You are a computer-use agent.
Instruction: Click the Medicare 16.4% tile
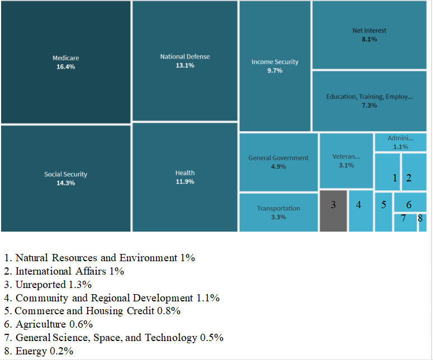coord(65,62)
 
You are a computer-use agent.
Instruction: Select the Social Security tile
coord(65,178)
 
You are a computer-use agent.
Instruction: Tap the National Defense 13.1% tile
coord(185,61)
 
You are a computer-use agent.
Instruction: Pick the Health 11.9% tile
coord(185,177)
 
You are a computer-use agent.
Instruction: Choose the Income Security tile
coord(274,66)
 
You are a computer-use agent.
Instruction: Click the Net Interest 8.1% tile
coord(369,35)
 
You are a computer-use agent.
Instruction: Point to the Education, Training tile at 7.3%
coord(369,100)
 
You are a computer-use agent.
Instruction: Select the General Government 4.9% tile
coord(278,162)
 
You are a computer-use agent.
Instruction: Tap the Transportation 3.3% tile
coord(278,212)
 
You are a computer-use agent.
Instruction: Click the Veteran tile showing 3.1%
coord(346,160)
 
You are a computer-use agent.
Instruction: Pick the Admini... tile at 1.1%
coord(400,142)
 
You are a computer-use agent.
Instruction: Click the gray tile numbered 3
coord(333,210)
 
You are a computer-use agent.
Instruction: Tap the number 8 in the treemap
coord(421,219)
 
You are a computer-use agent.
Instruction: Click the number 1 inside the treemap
coord(394,178)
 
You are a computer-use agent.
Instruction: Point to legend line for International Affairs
coord(64,271)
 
